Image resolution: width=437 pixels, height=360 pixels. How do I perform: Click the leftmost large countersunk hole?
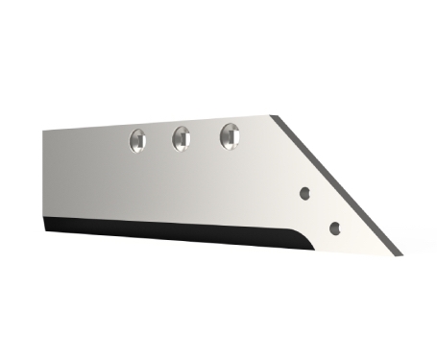[137, 141]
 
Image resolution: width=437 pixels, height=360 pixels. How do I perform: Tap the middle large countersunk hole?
[182, 139]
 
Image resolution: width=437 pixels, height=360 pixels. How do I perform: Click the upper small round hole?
[304, 192]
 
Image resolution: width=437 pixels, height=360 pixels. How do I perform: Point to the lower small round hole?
[334, 228]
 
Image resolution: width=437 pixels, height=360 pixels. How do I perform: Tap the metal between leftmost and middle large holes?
[159, 140]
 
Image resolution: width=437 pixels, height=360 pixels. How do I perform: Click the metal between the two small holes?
[320, 210]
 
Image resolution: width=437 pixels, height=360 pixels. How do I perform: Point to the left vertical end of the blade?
[44, 178]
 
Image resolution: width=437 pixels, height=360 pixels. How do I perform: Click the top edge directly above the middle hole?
[182, 122]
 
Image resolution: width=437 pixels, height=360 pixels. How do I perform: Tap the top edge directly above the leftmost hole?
[137, 125]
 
